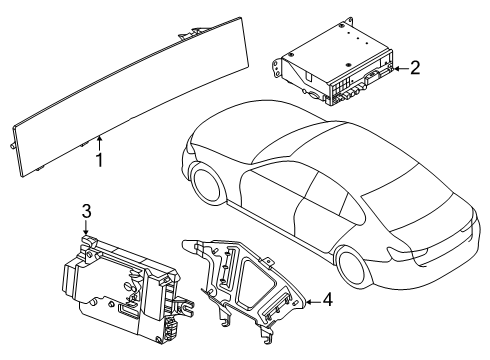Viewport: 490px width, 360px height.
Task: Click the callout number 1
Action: (x=99, y=160)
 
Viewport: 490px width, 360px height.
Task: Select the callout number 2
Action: (x=415, y=68)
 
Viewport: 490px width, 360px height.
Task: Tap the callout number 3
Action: (x=86, y=211)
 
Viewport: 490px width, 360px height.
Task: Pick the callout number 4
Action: (x=328, y=299)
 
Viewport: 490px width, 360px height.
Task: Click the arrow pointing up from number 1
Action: (x=99, y=143)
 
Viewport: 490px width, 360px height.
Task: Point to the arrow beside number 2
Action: (x=401, y=69)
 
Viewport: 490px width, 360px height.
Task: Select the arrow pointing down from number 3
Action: (x=86, y=228)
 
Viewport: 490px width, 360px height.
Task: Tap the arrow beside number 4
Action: (x=313, y=302)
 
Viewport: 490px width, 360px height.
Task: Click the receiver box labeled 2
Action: (x=334, y=62)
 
